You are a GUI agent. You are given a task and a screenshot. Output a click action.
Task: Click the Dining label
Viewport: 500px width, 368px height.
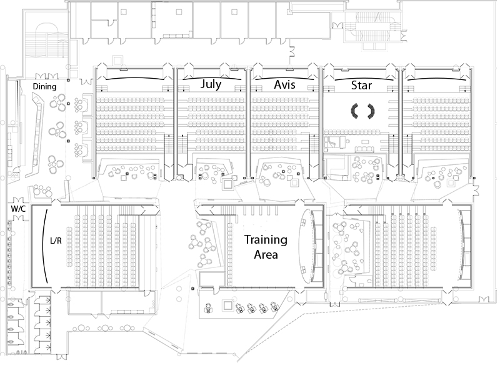click(44, 86)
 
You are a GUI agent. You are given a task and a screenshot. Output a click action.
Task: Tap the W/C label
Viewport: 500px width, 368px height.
click(18, 209)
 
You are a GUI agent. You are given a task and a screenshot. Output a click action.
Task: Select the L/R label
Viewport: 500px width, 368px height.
click(56, 241)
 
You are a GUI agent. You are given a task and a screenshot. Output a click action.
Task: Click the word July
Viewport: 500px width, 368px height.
click(211, 84)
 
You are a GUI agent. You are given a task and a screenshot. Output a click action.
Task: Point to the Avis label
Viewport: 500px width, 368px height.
click(284, 84)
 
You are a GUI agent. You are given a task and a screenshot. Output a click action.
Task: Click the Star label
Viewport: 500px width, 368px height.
click(361, 85)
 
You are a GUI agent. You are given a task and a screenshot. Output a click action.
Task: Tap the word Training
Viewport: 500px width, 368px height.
click(266, 239)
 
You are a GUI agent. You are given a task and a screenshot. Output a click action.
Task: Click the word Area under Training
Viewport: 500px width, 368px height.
click(266, 254)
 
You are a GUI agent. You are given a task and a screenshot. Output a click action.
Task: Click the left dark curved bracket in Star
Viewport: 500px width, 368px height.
click(354, 111)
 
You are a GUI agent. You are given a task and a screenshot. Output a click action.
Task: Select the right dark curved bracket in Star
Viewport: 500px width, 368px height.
click(371, 111)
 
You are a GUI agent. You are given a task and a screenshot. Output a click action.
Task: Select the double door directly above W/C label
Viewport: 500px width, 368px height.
click(18, 200)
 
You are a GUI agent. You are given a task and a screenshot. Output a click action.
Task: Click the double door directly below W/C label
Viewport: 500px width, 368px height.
click(18, 217)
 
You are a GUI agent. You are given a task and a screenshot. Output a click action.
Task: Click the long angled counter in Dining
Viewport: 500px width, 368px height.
click(36, 134)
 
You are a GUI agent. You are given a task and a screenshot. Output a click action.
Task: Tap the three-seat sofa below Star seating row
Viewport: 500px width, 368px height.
click(364, 149)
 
